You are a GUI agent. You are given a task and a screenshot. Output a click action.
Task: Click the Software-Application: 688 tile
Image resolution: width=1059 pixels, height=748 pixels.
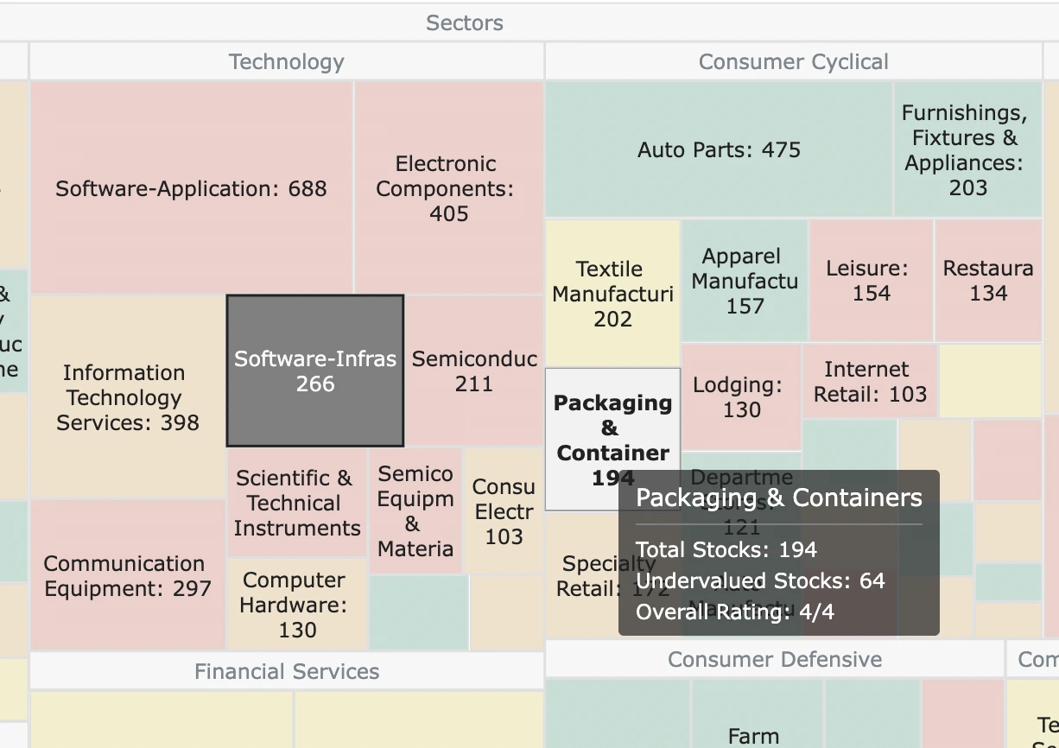coord(191,188)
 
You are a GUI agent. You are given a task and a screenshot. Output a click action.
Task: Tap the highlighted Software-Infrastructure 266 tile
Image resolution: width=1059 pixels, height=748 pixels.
coord(315,371)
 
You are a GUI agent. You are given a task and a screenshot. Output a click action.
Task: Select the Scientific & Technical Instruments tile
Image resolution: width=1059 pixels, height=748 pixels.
coord(296,503)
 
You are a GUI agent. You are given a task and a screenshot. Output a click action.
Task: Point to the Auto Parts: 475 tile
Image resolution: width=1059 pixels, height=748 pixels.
coord(719,149)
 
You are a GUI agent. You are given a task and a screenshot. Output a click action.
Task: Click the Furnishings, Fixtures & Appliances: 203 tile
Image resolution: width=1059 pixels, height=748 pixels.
coord(967,149)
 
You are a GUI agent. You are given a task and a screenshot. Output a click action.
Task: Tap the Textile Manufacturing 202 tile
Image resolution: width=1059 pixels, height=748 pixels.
coord(612,294)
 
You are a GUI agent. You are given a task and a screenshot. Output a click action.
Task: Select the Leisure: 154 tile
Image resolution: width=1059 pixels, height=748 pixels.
coord(871,281)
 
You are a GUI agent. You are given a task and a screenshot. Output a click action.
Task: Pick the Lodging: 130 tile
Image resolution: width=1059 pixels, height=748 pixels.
coord(741,396)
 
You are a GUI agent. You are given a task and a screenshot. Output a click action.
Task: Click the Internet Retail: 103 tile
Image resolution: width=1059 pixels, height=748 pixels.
coord(869,382)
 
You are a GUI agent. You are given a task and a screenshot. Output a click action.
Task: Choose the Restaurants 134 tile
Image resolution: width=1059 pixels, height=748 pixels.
coord(988,281)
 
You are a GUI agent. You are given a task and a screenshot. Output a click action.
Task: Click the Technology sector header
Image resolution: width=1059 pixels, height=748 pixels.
coord(286,62)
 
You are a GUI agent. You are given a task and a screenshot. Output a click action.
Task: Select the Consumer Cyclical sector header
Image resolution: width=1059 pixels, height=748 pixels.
coord(793,62)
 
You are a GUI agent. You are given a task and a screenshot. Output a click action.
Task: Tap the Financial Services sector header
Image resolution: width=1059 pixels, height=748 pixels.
coord(286,671)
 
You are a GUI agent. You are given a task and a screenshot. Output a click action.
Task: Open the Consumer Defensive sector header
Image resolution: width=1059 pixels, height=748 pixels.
coord(774,660)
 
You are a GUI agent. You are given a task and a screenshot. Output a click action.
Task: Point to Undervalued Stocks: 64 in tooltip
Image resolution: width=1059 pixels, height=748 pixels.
coord(760,580)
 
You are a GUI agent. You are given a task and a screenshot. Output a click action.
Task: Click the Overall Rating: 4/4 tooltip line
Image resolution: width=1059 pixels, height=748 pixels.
coord(735,612)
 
